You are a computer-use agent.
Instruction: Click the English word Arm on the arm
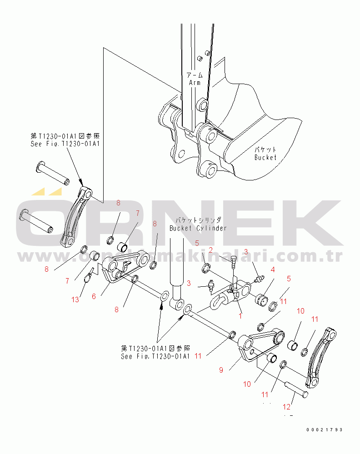pos(195,83)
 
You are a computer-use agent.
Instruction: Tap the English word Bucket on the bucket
pos(265,157)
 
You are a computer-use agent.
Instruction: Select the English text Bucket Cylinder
pos(198,228)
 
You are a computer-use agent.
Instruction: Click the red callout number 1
pos(240,314)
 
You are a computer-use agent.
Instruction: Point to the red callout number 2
pos(211,250)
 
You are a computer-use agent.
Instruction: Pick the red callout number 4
pos(273,269)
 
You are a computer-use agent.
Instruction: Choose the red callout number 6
pos(94,296)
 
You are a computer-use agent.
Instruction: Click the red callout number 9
pos(221,370)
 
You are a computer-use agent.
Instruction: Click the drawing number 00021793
pos(324,429)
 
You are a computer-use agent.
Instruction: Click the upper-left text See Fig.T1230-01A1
pos(63,143)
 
